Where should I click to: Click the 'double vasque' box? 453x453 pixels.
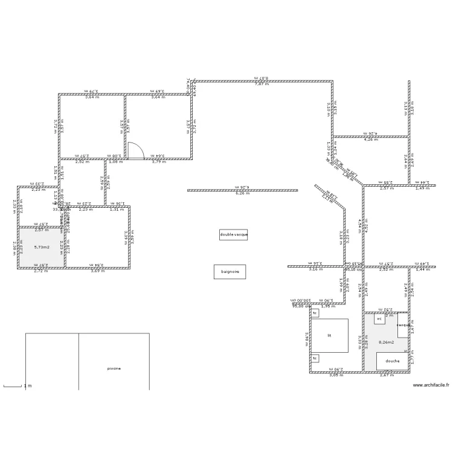click(x=233, y=234)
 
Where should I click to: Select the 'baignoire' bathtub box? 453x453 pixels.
click(x=230, y=272)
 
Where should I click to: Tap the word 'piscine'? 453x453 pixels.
click(x=114, y=368)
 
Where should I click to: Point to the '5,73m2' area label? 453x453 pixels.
click(x=42, y=247)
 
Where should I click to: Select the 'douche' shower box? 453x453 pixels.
click(x=392, y=361)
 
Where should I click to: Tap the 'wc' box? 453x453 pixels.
click(x=379, y=318)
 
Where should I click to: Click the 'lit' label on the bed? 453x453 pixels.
click(x=329, y=335)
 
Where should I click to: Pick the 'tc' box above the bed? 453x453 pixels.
click(x=315, y=313)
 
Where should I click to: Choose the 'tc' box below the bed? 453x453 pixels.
click(x=315, y=358)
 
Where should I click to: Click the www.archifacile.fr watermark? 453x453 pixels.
click(x=431, y=385)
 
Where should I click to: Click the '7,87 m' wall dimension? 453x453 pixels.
click(x=262, y=84)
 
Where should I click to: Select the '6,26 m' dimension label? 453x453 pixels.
click(x=243, y=193)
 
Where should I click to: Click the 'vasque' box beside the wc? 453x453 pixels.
click(x=403, y=325)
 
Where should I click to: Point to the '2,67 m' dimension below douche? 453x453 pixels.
click(x=386, y=376)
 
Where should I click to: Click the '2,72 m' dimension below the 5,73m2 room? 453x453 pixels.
click(x=41, y=271)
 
